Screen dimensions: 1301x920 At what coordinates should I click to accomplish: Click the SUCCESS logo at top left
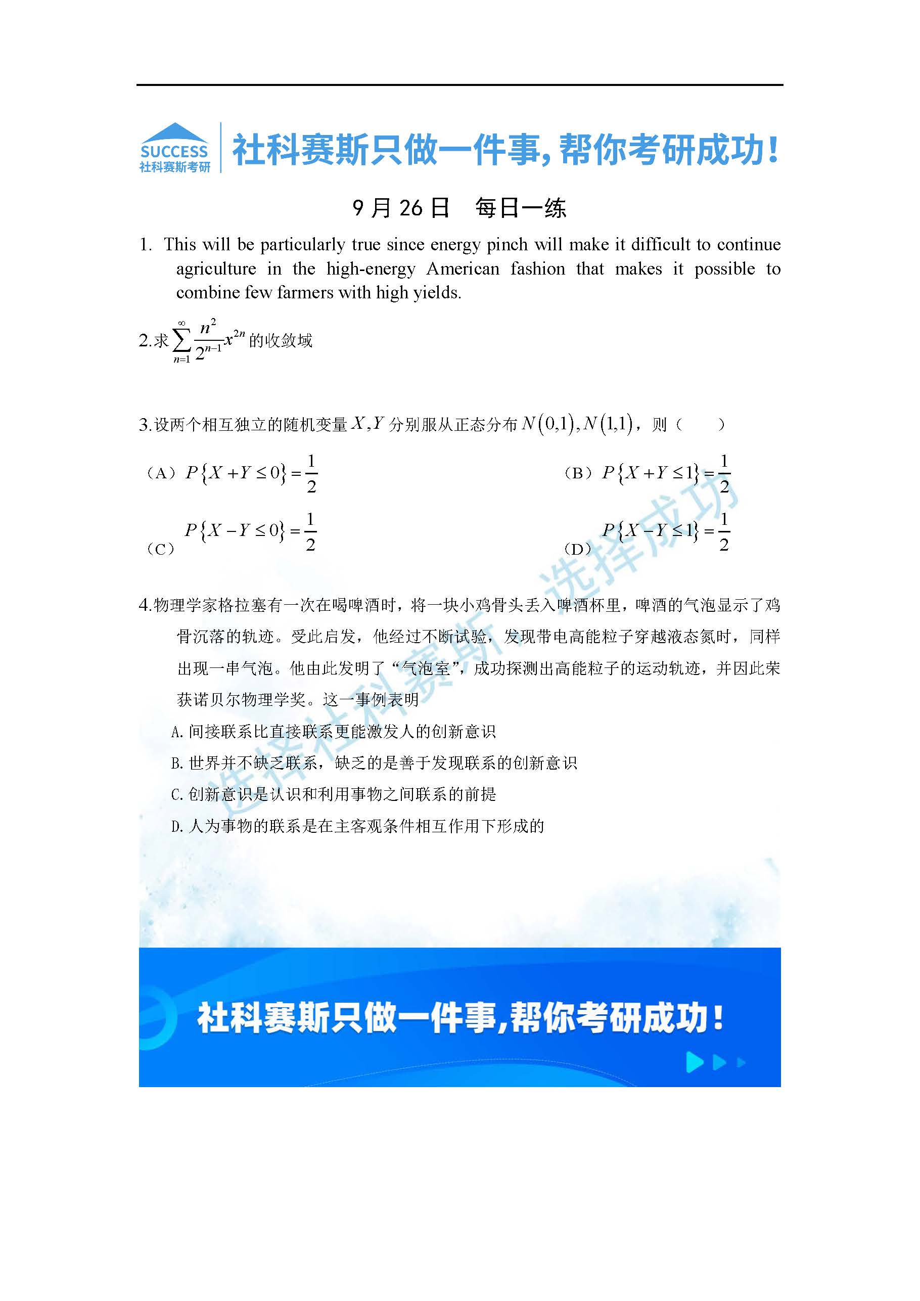(x=174, y=147)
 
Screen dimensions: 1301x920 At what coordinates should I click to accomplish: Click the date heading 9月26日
(x=400, y=208)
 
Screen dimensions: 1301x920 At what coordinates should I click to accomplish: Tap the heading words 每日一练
(x=521, y=208)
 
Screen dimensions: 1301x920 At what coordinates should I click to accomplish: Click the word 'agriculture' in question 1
(x=216, y=268)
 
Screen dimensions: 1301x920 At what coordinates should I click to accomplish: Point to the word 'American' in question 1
(x=463, y=268)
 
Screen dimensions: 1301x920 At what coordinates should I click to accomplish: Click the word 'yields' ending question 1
(x=440, y=293)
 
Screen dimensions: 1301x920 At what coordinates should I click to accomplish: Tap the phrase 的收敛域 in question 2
(x=281, y=341)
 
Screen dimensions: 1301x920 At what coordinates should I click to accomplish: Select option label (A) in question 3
(x=161, y=473)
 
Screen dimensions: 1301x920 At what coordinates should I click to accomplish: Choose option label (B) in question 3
(x=578, y=473)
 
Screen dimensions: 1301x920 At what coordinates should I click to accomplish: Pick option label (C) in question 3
(x=161, y=549)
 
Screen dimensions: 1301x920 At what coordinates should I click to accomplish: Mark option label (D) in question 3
(x=578, y=549)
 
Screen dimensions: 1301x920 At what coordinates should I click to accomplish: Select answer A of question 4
(x=334, y=732)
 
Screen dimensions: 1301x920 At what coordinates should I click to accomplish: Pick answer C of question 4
(x=334, y=794)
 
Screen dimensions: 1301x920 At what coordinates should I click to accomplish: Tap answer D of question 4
(x=358, y=826)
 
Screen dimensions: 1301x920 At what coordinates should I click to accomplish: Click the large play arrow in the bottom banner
(x=694, y=1062)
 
